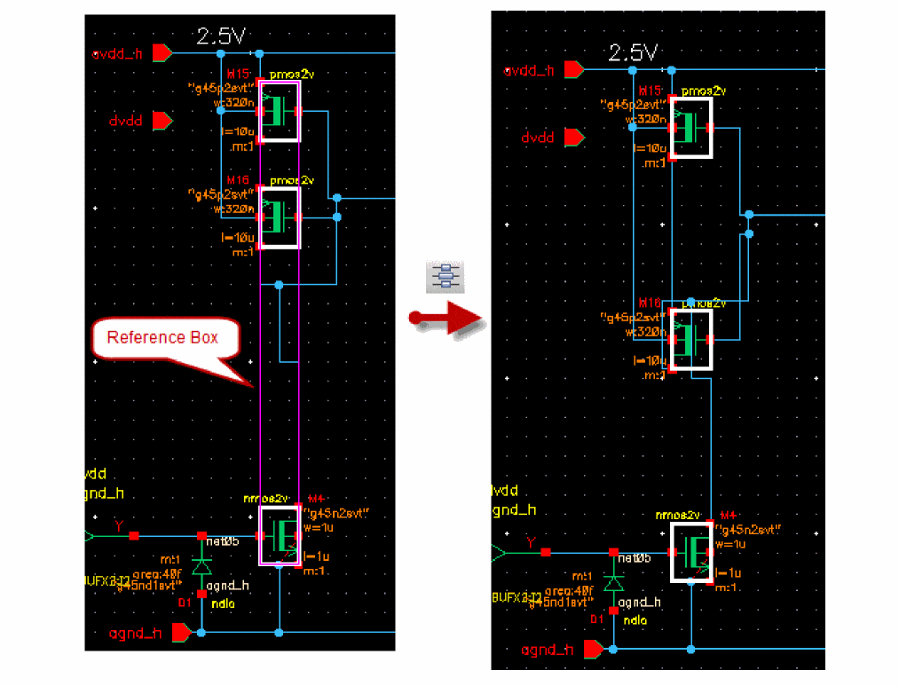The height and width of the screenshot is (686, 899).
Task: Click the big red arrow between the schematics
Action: (447, 317)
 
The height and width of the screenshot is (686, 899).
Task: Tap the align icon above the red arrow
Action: (446, 277)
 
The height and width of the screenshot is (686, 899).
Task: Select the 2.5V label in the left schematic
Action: (222, 37)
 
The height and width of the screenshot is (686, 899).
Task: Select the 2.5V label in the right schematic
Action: (634, 52)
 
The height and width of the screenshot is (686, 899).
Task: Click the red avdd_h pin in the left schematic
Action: (162, 53)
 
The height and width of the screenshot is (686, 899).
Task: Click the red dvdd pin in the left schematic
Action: (162, 120)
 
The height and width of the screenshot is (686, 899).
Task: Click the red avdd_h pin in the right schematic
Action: (573, 69)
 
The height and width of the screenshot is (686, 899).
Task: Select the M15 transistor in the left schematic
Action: (280, 111)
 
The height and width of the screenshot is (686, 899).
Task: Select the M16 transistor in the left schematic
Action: (280, 216)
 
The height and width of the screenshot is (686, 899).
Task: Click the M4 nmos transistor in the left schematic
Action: (280, 535)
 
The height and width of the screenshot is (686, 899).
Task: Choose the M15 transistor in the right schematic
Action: (691, 128)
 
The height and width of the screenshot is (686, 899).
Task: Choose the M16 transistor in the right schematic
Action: (691, 339)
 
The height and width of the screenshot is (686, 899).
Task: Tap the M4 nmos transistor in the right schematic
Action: (691, 552)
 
